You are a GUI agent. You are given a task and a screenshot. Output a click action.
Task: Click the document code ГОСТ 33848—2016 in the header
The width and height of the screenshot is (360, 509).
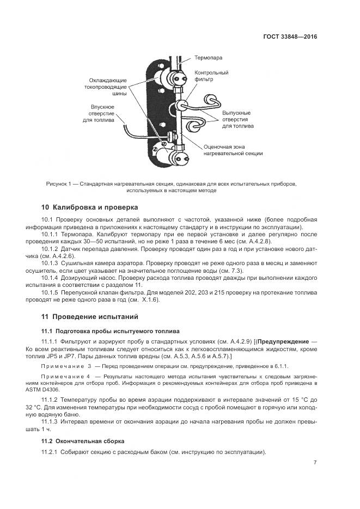(290, 37)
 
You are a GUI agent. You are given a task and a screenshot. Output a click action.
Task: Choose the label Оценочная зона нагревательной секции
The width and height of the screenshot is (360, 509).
(233, 150)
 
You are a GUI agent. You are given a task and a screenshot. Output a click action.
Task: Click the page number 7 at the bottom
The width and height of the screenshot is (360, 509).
(315, 463)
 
